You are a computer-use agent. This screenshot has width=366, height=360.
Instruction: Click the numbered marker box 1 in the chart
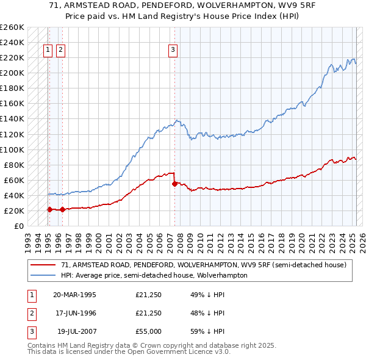(x=48, y=51)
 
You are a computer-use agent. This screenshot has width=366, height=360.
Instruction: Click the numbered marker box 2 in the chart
(x=60, y=51)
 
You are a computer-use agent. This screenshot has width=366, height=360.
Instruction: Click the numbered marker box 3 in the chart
(x=173, y=51)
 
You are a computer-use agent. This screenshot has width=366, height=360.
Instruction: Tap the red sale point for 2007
(x=175, y=183)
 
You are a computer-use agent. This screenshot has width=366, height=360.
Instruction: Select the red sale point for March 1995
(x=49, y=209)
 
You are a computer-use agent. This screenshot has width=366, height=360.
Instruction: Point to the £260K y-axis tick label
(x=12, y=27)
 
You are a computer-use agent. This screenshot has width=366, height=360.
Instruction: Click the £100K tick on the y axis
(x=12, y=149)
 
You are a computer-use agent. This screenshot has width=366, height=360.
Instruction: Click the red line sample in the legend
(x=44, y=265)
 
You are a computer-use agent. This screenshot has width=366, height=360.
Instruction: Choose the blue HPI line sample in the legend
(x=44, y=275)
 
